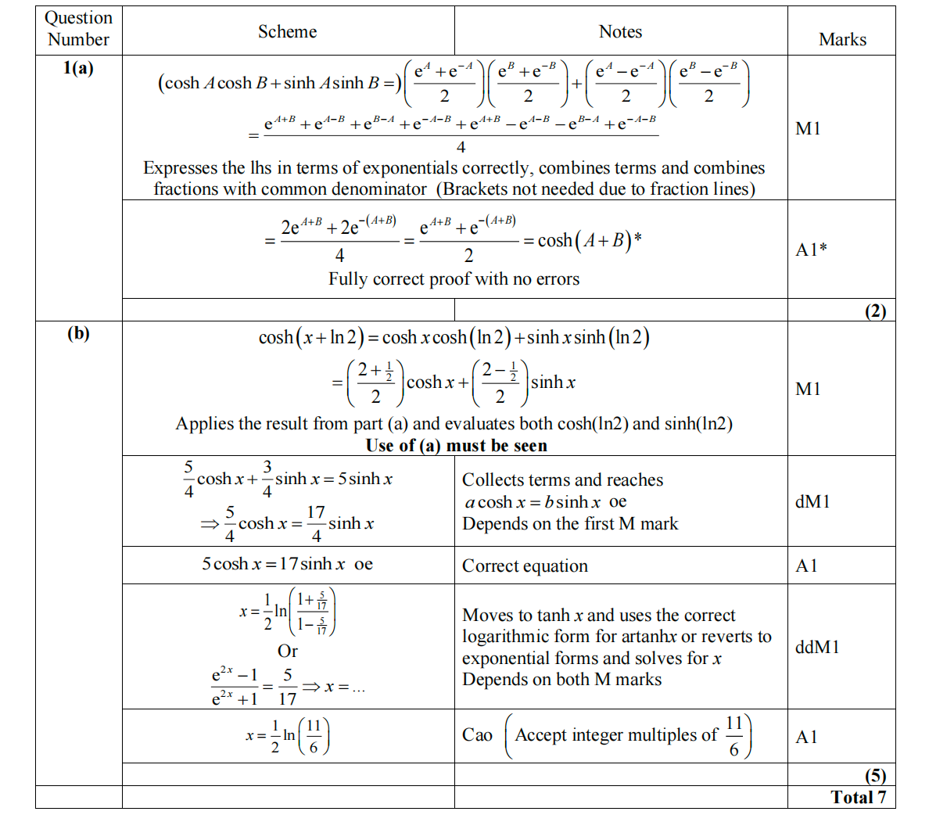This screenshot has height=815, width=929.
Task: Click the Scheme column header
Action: pyautogui.click(x=287, y=32)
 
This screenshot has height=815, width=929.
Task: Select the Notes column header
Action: pyautogui.click(x=620, y=32)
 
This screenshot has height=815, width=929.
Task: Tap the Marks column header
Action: pyautogui.click(x=842, y=40)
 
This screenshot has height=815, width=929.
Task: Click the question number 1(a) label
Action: pyautogui.click(x=78, y=68)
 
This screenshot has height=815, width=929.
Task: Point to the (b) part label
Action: pyautogui.click(x=78, y=333)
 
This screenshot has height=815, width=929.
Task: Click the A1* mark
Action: pyautogui.click(x=811, y=250)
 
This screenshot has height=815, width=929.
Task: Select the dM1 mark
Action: pyautogui.click(x=812, y=501)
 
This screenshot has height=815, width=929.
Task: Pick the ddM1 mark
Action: pyautogui.click(x=817, y=647)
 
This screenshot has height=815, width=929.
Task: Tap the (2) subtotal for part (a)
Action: pyautogui.click(x=875, y=311)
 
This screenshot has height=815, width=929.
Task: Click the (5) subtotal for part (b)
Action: pyautogui.click(x=875, y=775)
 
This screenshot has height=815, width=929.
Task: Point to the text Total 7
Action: pyautogui.click(x=858, y=797)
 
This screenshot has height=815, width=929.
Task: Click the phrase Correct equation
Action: pyautogui.click(x=525, y=566)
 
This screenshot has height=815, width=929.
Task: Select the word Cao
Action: pyautogui.click(x=477, y=735)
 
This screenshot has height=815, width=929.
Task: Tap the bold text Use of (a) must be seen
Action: pyautogui.click(x=456, y=446)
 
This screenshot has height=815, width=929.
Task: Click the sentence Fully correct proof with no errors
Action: pyautogui.click(x=454, y=279)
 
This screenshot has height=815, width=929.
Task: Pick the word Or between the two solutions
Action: pyautogui.click(x=287, y=651)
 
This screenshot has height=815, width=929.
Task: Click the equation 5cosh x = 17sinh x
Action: pyautogui.click(x=286, y=564)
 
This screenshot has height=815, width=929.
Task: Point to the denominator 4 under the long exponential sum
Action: pyautogui.click(x=461, y=147)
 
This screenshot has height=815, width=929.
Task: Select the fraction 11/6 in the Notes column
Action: pyautogui.click(x=734, y=736)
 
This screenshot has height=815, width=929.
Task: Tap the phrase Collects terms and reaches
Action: pyautogui.click(x=562, y=480)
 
